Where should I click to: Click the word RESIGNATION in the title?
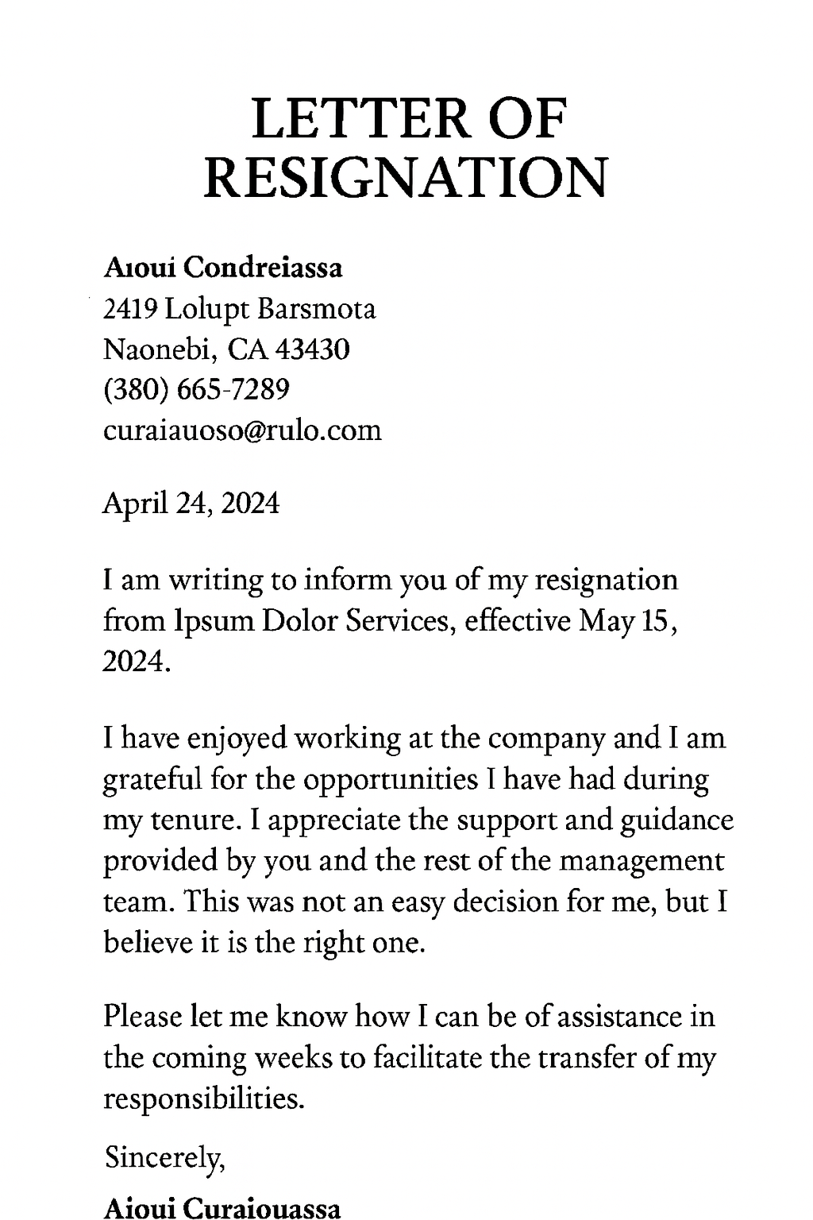[x=406, y=177]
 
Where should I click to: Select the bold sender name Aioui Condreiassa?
[x=223, y=268]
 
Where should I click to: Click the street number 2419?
[x=131, y=308]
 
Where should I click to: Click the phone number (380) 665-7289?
[x=196, y=389]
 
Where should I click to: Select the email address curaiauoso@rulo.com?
[x=242, y=430]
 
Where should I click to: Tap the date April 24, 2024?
[x=191, y=503]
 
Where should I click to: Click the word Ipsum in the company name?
[x=212, y=620]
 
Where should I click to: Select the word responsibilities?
[x=204, y=1098]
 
